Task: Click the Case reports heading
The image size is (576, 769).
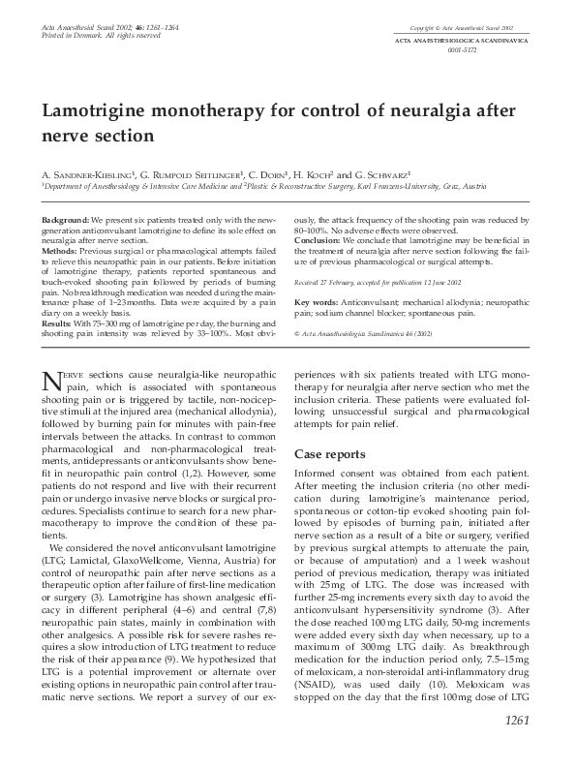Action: tap(330, 452)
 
